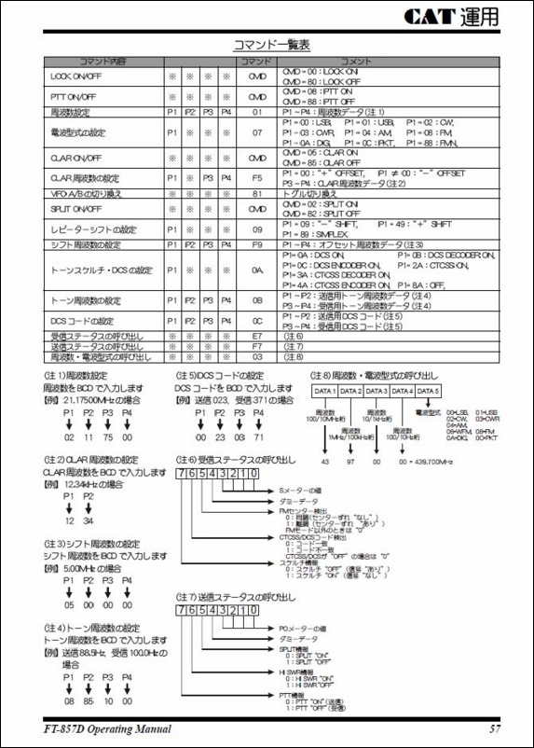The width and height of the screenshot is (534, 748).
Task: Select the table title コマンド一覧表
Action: point(271,44)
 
